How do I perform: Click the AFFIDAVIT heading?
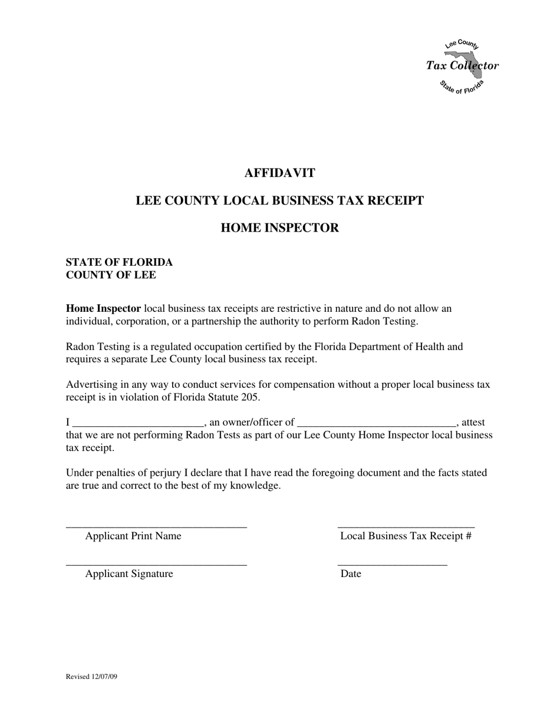click(279, 173)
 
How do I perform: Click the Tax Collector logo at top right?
click(463, 66)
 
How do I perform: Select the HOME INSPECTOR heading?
click(279, 228)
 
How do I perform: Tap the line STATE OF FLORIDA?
click(119, 262)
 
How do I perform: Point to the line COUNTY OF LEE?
click(111, 275)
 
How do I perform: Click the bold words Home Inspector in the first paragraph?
click(103, 308)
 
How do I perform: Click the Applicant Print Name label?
click(133, 536)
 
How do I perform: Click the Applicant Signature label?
click(129, 574)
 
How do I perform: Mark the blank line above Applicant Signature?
click(156, 565)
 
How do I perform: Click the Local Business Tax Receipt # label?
click(406, 536)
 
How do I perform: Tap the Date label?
click(351, 574)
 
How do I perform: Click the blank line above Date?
click(392, 565)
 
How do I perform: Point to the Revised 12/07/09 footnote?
click(91, 677)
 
